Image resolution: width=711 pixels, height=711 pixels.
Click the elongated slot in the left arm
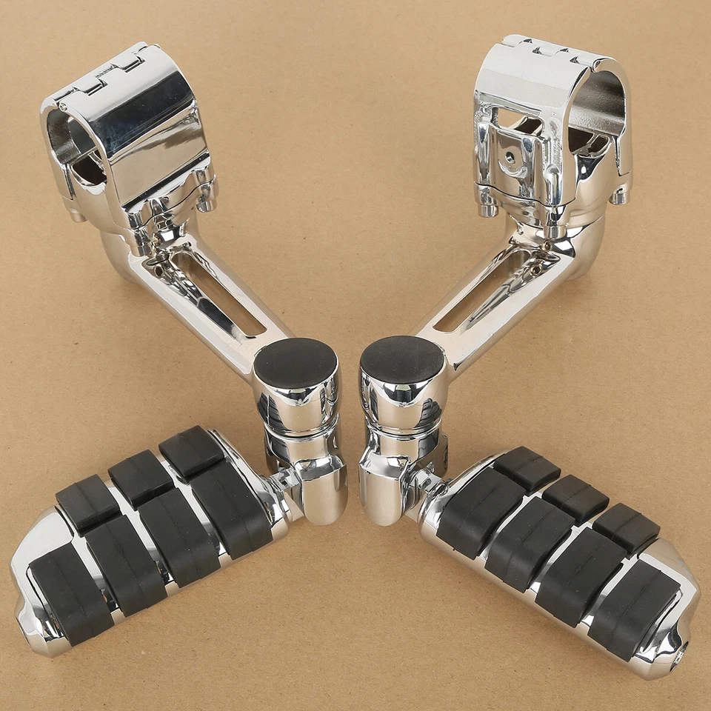pos(221,293)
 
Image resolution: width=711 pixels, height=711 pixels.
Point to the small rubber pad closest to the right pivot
pos(527,468)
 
